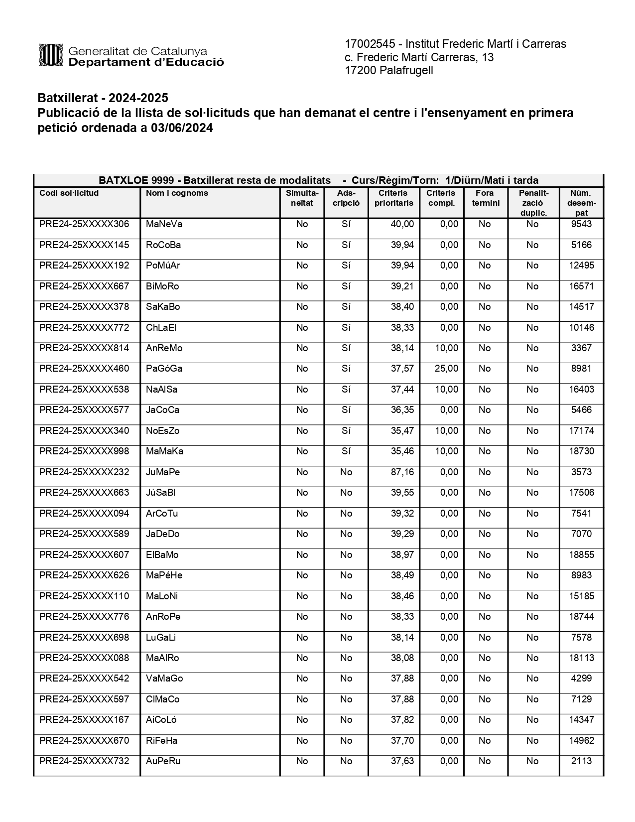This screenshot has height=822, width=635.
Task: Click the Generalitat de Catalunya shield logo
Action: [50, 55]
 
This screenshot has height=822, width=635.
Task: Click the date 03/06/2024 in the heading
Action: [182, 128]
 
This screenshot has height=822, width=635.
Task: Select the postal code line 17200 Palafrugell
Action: [389, 71]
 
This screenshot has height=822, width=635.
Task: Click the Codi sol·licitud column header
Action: [69, 193]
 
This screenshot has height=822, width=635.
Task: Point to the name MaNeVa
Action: [164, 224]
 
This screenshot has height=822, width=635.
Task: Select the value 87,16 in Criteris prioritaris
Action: [402, 472]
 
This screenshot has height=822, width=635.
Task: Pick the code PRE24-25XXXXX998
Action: [84, 451]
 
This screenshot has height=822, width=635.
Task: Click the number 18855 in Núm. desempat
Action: [581, 554]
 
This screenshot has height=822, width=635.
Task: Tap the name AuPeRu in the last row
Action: [163, 761]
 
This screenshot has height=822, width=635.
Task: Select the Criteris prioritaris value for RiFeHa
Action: [402, 741]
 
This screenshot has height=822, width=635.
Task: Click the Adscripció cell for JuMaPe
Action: [346, 472]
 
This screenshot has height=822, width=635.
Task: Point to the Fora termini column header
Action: [485, 198]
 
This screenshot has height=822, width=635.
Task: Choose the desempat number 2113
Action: [581, 761]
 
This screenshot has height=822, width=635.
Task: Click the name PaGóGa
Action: [164, 369]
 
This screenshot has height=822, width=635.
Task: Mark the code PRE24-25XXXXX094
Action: [84, 513]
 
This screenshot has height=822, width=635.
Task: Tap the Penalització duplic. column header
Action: [533, 203]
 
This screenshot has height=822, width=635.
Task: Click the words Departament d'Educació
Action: [146, 62]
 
